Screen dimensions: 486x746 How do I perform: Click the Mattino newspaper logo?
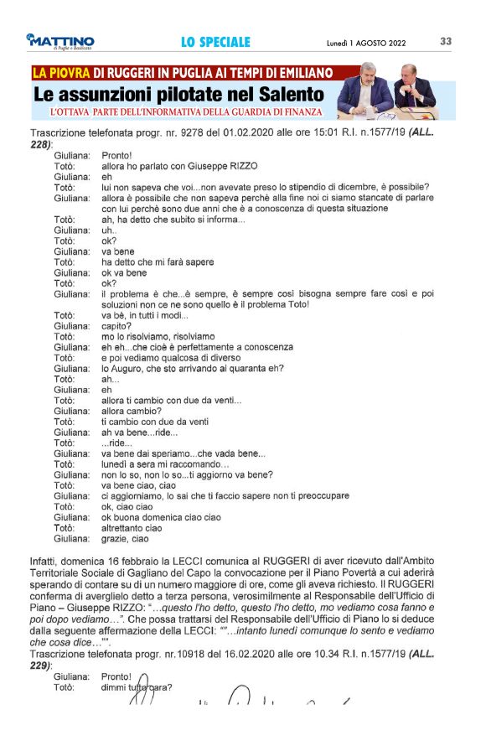[59, 41]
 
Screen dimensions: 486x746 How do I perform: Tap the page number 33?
[446, 40]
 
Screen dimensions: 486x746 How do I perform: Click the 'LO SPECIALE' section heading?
[215, 41]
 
